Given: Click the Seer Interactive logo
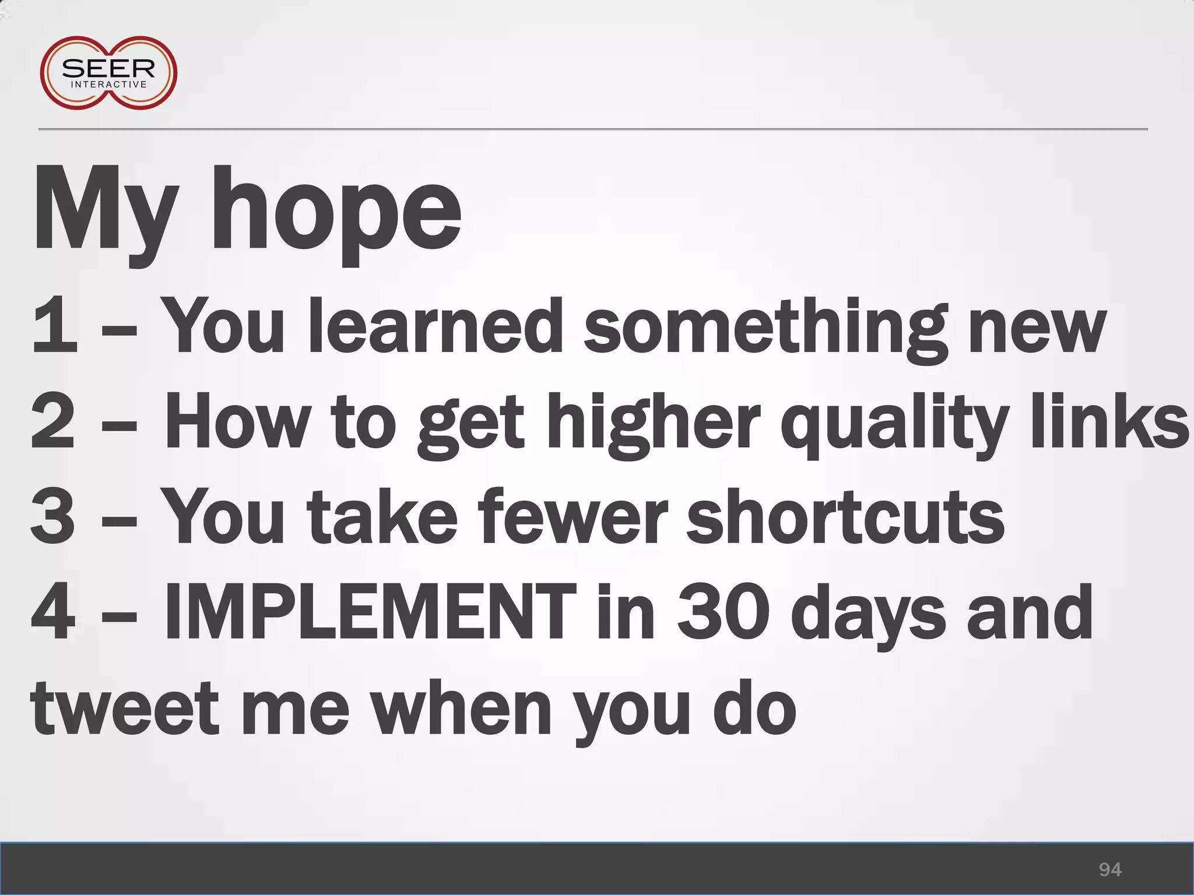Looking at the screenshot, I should (108, 73).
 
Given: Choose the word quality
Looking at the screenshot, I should (894, 422).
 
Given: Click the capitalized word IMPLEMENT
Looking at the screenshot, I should (370, 612).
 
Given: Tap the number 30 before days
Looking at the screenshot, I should (720, 612).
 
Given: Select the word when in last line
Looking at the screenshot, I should (461, 708).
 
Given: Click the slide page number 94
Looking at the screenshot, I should (1110, 869).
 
